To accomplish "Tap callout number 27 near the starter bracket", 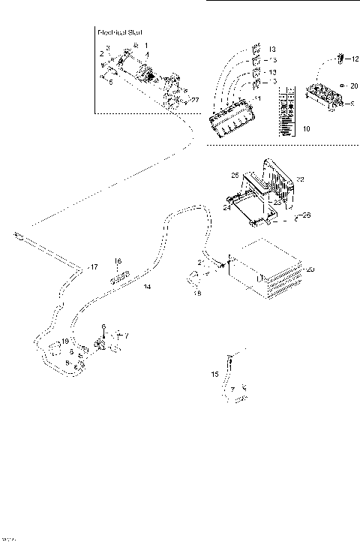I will coord(195,98).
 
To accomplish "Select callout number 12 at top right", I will coord(355,57).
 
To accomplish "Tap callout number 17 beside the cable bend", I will coord(93,266).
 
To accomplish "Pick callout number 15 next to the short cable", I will coord(216,373).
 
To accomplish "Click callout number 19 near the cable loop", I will coord(65,341).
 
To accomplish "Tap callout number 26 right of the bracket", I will coord(306,215).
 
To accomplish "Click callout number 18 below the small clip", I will coord(198,294).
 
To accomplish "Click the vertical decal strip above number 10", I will coord(286,111).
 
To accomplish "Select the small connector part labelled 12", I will coord(340,57).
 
